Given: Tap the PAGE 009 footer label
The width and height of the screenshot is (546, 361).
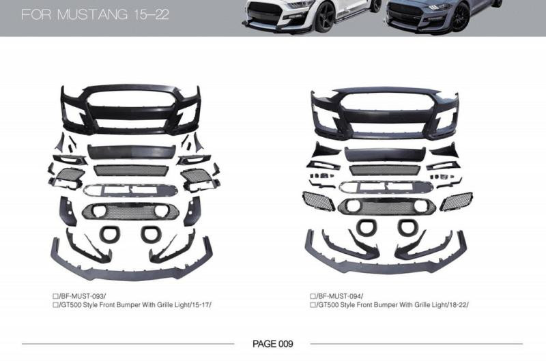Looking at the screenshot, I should point(272,344).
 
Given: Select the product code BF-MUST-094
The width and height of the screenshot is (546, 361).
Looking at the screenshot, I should point(339,296).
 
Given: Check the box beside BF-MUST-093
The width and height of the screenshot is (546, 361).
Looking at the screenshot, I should point(55,297).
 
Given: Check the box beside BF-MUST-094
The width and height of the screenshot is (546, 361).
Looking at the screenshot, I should point(313,296).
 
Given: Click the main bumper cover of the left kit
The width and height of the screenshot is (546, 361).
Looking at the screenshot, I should point(130,109).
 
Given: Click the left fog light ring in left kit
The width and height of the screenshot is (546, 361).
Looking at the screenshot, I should point(108,233).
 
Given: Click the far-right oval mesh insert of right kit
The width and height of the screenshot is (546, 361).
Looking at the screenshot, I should point(456,201).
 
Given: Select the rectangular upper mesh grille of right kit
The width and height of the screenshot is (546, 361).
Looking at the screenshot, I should point(385,170).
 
